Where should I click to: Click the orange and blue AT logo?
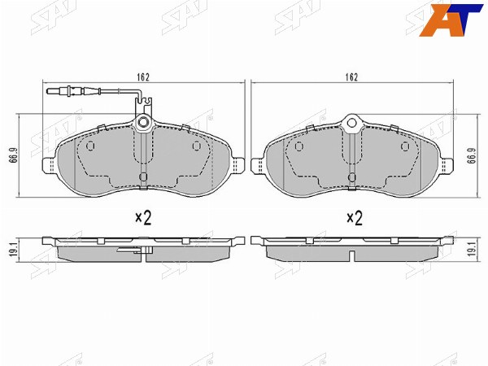451,20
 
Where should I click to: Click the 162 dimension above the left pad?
143,77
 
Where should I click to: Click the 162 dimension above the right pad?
351,77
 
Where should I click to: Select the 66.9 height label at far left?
13,155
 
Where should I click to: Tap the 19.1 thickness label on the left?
13,250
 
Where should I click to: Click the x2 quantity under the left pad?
143,218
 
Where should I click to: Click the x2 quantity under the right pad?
355,218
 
